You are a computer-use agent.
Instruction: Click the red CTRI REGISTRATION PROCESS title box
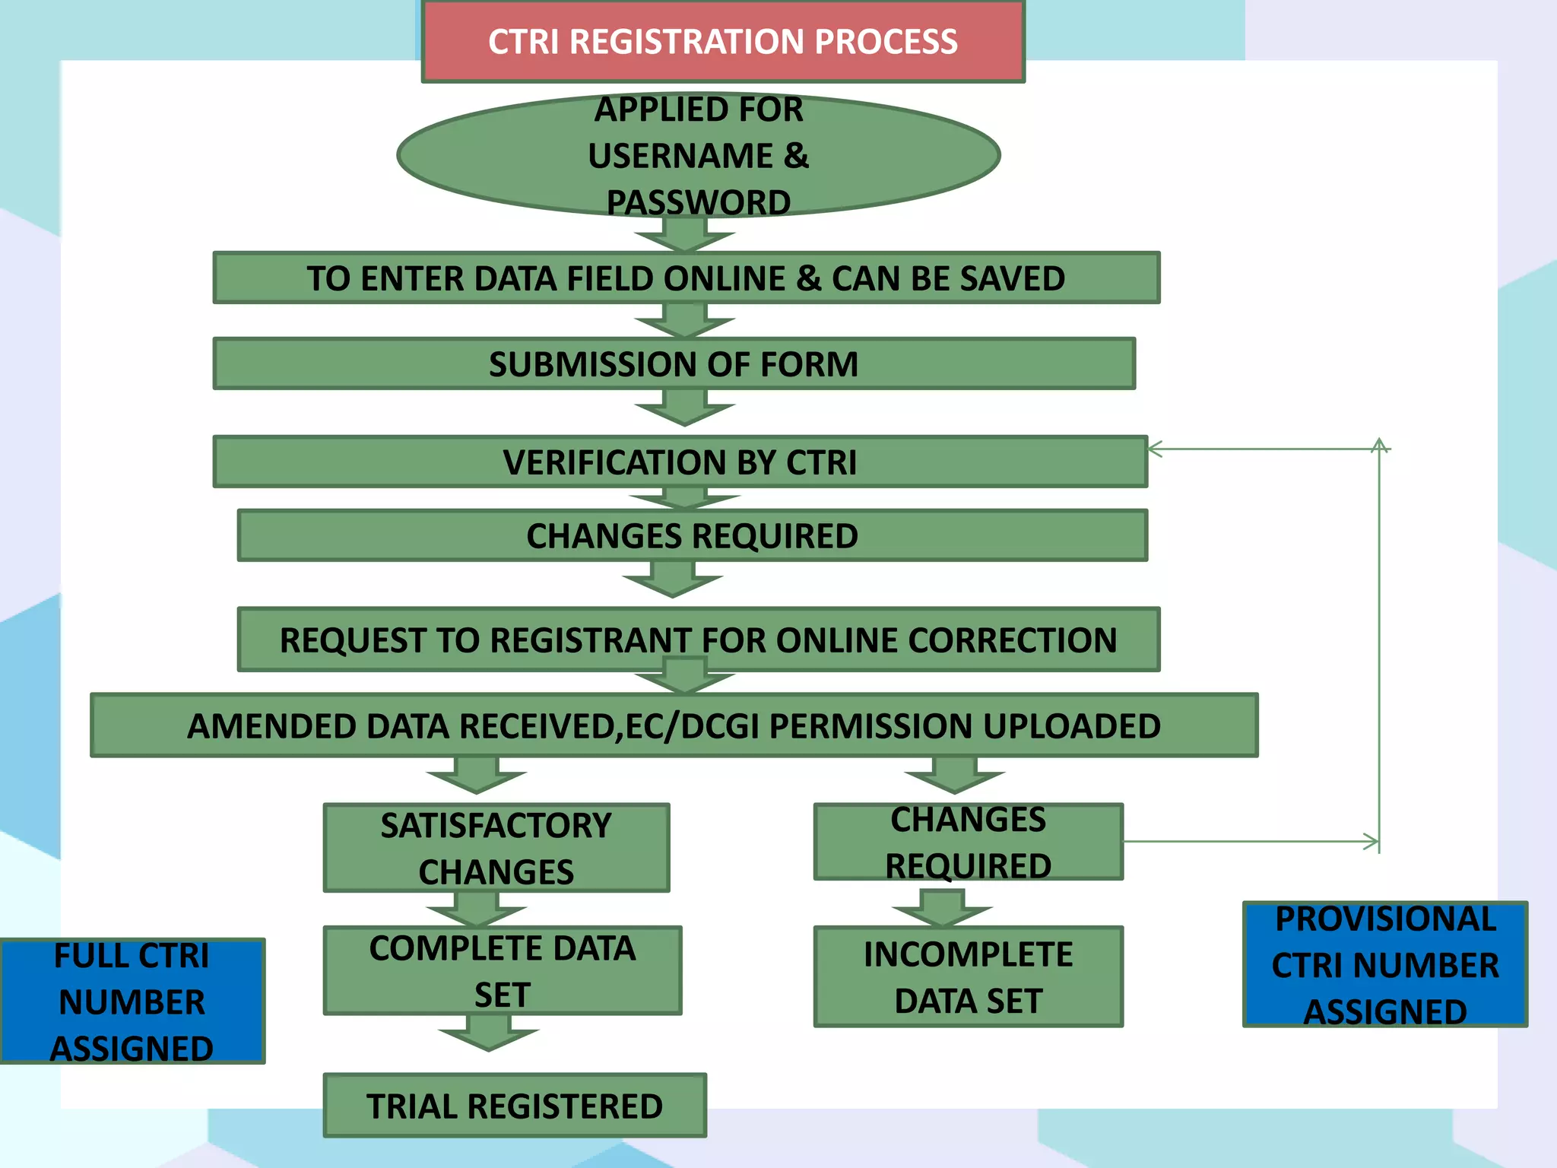pos(722,41)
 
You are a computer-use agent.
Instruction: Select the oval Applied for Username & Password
pos(698,155)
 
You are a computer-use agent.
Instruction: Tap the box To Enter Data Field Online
pos(686,278)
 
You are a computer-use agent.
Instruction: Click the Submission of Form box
pos(674,363)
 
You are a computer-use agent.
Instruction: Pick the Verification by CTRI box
pos(680,462)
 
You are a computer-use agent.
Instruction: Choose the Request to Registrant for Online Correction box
pos(698,640)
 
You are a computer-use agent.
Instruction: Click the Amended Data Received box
pos(674,725)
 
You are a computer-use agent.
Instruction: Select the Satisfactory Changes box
pos(496,848)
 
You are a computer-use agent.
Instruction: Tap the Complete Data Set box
pos(502,971)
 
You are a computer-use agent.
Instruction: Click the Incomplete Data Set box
pos(968,977)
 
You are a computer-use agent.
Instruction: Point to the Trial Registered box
pos(515,1106)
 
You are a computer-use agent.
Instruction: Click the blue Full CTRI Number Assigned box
pos(132,1001)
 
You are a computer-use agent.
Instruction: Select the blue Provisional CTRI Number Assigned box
pos(1385,965)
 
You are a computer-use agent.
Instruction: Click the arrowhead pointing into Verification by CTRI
pos(1155,449)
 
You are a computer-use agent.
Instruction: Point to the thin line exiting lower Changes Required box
pos(1247,841)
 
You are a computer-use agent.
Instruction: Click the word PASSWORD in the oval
pos(698,202)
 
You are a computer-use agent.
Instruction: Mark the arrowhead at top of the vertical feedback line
pos(1380,444)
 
